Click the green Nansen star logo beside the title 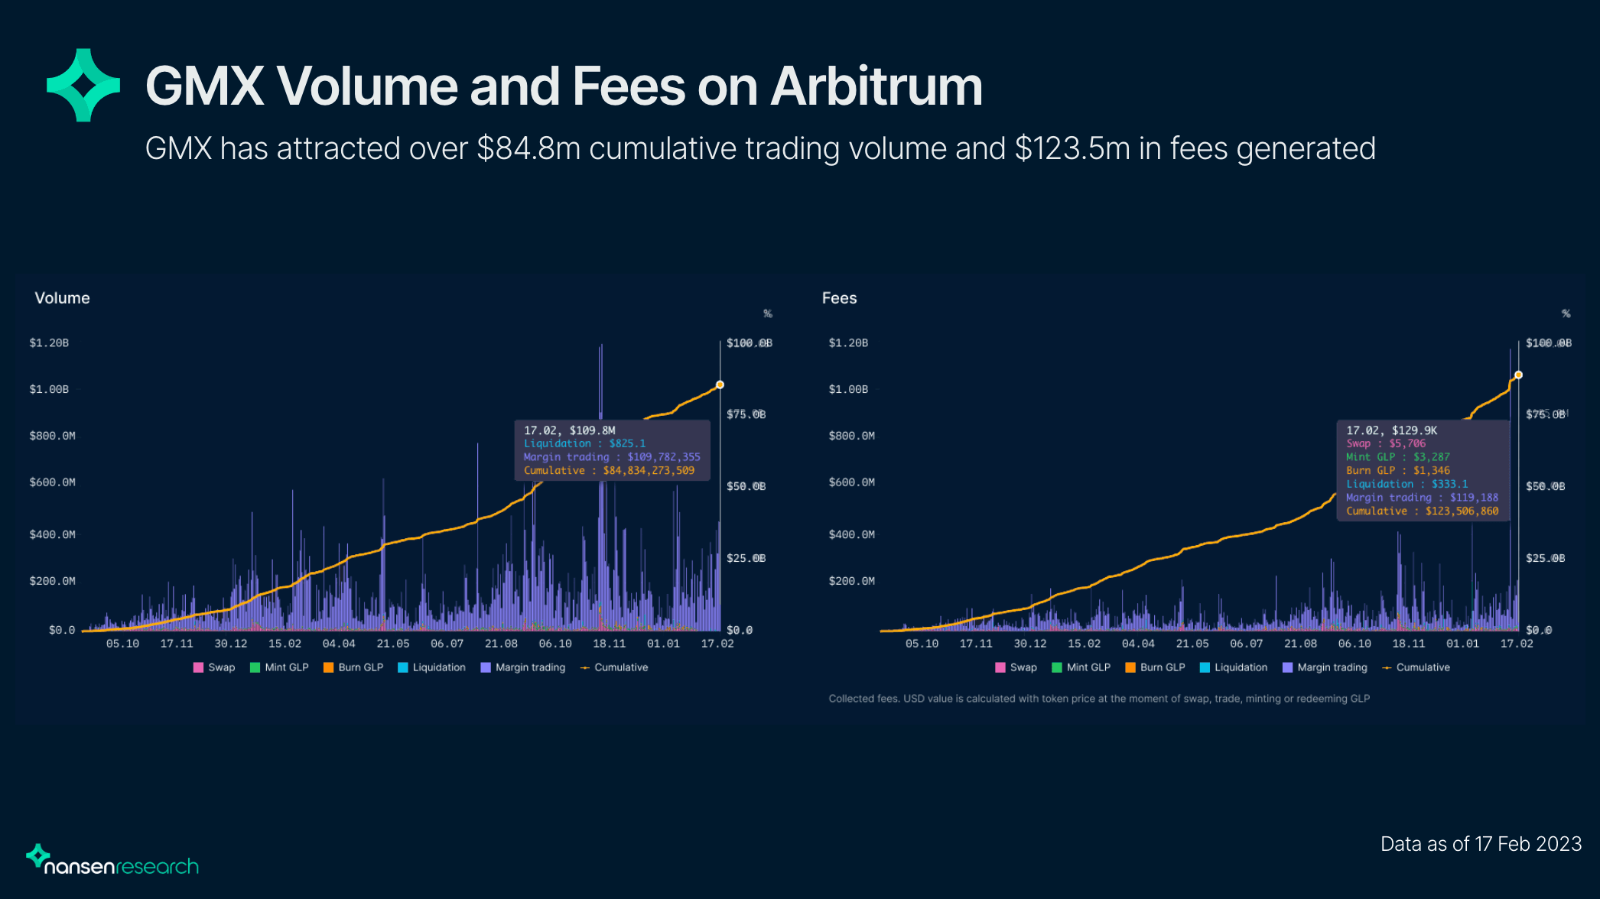tap(83, 85)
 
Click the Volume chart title tap(62, 298)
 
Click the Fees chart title tap(839, 298)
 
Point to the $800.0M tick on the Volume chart tap(52, 436)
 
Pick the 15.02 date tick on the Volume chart tap(285, 644)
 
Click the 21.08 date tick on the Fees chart tap(1300, 644)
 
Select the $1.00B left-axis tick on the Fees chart tap(848, 389)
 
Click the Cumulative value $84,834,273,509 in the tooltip tap(649, 471)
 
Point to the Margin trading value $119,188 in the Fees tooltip tap(1474, 498)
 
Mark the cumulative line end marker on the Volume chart tap(720, 385)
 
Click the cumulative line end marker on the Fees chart tap(1518, 375)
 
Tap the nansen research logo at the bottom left tap(112, 862)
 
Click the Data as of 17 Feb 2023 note tap(1481, 844)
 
